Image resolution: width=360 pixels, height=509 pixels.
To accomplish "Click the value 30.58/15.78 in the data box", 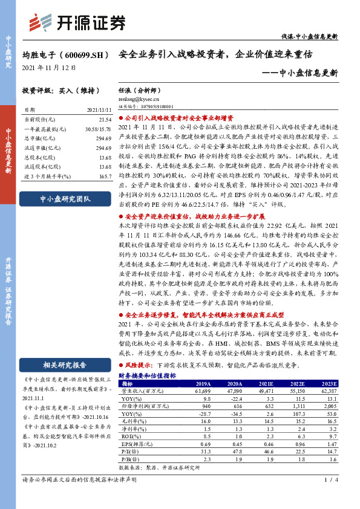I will (x=99, y=129).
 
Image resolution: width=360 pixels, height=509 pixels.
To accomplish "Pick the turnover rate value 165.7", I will (x=105, y=175).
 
